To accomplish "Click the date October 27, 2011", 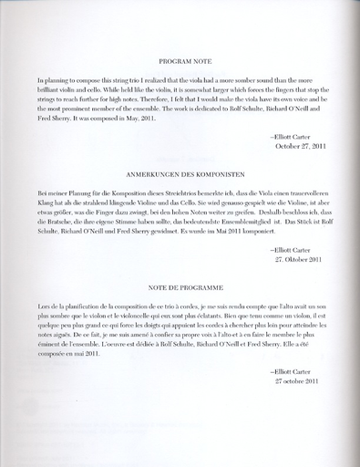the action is click(x=300, y=146).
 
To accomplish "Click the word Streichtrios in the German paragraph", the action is click(x=155, y=195).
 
